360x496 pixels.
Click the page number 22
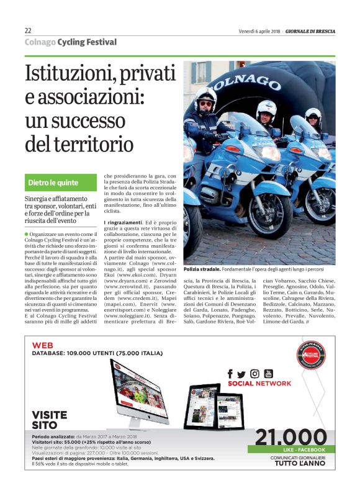tap(28, 30)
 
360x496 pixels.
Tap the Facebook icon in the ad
tap(230, 374)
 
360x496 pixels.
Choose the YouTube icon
tap(268, 373)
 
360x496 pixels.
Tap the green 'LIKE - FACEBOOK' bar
tap(287, 449)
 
